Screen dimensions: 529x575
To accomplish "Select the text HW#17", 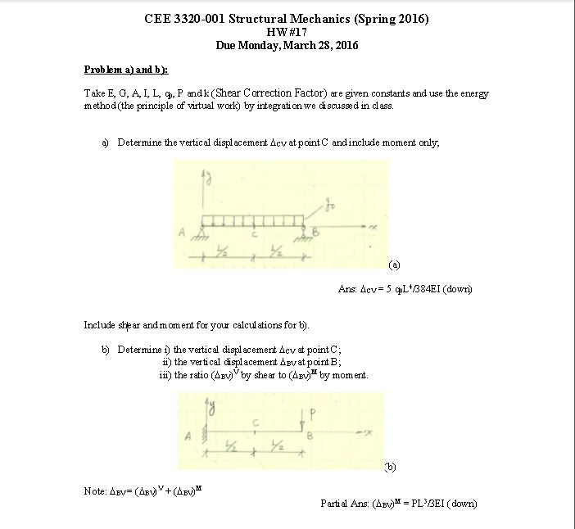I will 286,32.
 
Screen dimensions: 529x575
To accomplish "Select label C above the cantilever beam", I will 256,423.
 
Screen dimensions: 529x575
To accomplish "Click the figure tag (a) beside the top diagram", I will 395,265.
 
